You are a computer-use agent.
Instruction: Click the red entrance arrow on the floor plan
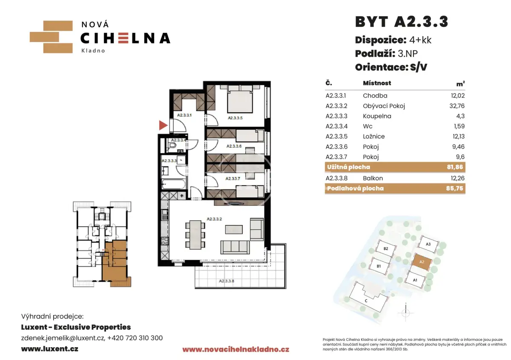point(163,125)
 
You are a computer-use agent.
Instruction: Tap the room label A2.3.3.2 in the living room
point(214,219)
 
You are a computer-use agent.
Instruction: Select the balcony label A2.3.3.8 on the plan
point(227,281)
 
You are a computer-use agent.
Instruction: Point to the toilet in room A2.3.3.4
point(172,145)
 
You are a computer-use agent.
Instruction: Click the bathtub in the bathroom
point(174,184)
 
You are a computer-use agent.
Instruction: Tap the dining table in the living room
point(195,235)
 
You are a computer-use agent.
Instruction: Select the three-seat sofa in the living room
point(235,247)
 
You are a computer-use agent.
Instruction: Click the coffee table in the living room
point(234,229)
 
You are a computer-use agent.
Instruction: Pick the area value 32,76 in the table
point(457,106)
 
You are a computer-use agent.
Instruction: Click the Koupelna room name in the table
point(377,116)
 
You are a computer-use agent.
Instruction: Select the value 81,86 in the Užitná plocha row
point(455,167)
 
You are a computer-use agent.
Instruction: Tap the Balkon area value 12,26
point(458,178)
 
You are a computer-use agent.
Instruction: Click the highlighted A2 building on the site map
point(422,262)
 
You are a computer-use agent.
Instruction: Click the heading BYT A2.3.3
point(402,22)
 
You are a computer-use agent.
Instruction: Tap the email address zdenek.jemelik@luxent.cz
point(63,338)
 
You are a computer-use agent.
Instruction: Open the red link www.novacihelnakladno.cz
point(236,349)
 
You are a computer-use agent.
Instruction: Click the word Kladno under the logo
point(93,51)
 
